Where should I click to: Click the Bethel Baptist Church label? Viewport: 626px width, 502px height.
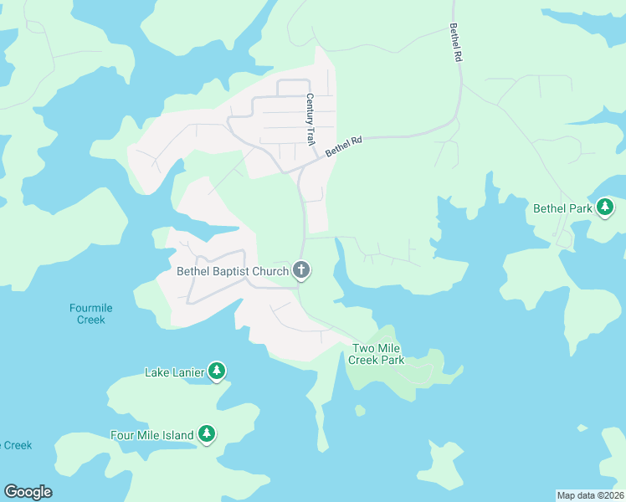pos(233,271)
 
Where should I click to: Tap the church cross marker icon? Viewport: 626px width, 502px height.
pos(301,270)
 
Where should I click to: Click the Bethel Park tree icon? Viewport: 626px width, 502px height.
pos(605,208)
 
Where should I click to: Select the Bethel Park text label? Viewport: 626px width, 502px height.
pos(562,208)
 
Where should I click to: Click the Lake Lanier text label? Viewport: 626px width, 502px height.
pos(174,372)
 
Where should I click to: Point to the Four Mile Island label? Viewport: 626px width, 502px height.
pos(152,435)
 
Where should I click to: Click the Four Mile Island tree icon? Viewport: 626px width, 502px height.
pos(207,434)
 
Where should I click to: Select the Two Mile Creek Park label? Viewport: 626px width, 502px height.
pos(378,354)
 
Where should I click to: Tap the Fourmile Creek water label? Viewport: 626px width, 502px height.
pos(90,314)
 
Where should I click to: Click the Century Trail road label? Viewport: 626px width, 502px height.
pos(310,120)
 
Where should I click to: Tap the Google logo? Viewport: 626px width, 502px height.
pos(28,492)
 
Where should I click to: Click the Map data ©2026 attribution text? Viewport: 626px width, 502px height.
pos(590,494)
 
